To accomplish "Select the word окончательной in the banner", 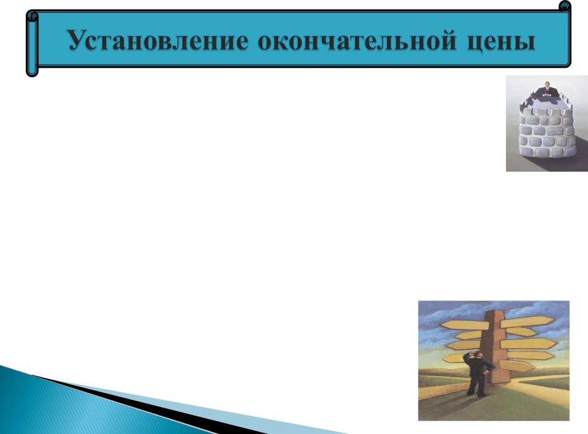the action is coord(357,40).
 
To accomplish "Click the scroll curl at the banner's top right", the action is coord(564,7).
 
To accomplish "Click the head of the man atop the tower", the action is coord(548,84).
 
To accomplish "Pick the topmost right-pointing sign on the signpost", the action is coord(527,321).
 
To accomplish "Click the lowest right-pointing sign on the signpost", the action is coord(517,366).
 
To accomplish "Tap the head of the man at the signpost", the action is coord(477,354).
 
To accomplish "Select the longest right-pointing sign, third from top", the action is coord(529,343).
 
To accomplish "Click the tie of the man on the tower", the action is coord(548,90).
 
